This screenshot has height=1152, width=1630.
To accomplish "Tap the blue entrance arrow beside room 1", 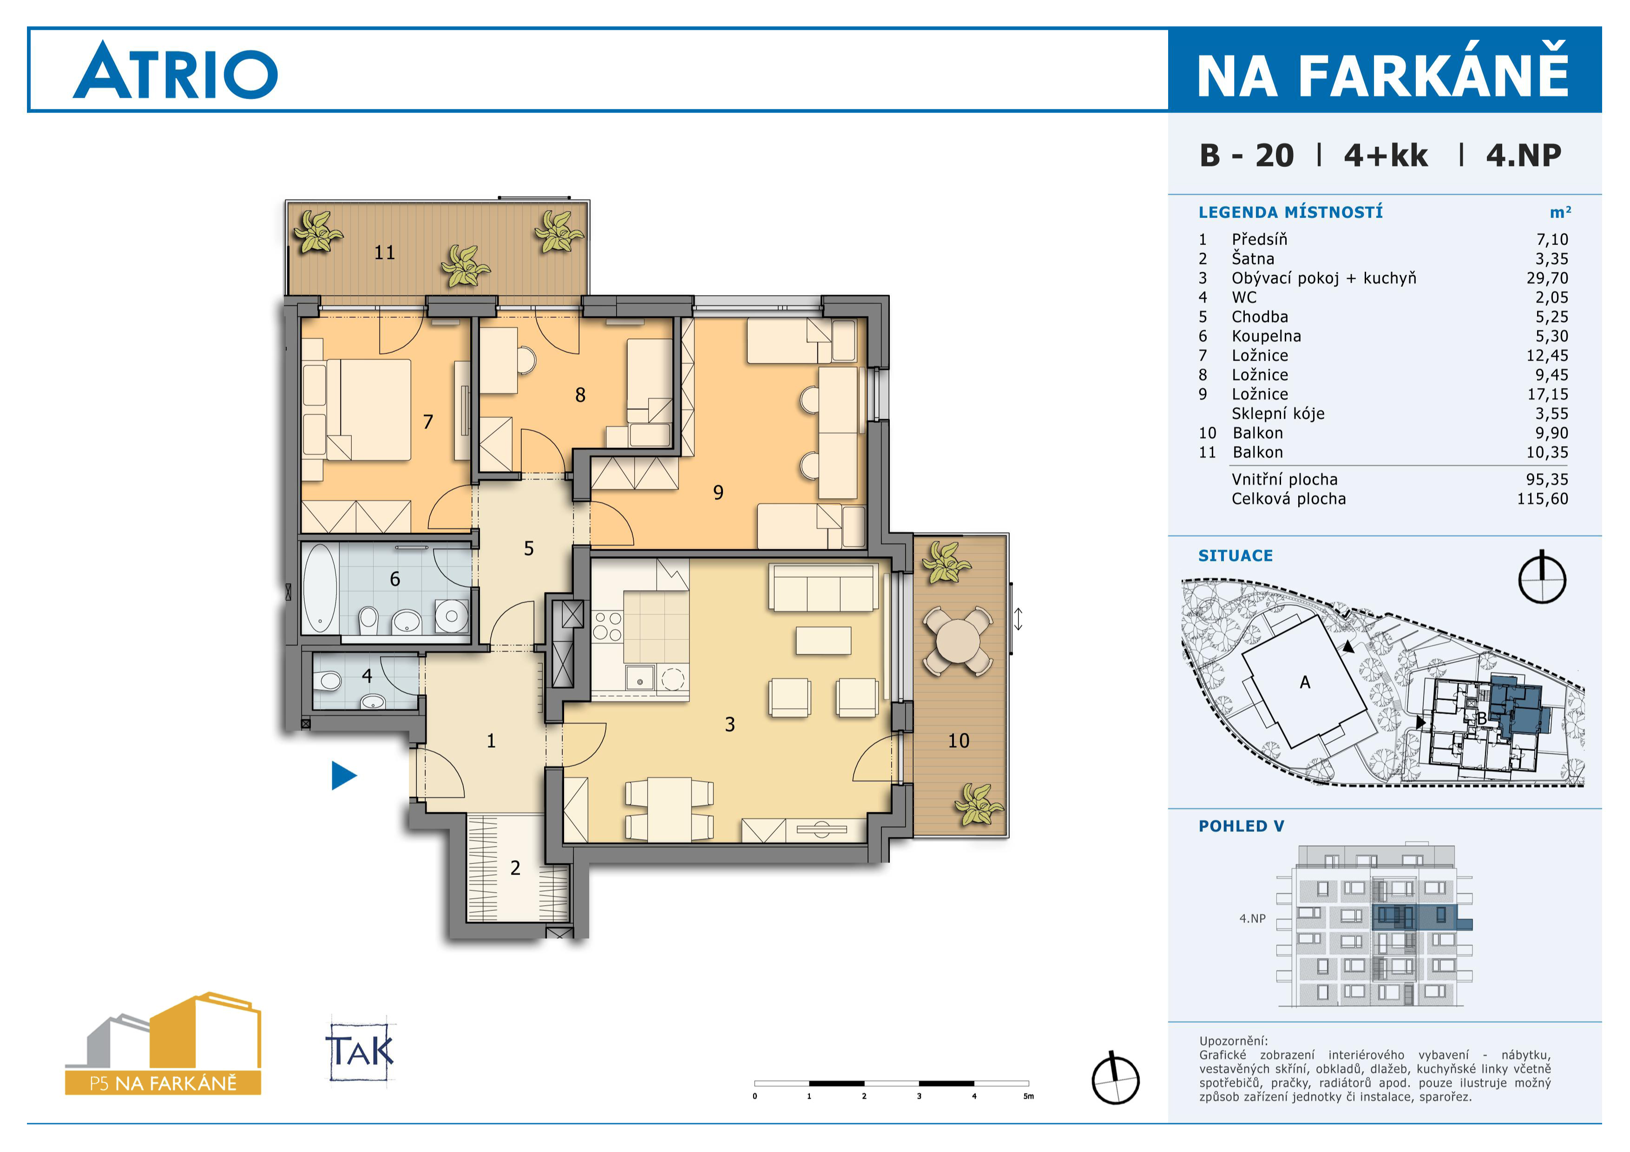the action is coord(343,775).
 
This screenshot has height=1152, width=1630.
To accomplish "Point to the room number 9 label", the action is coord(718,492).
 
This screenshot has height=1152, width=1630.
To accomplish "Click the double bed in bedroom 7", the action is coord(357,409).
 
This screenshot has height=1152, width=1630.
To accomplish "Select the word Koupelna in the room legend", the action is coord(1267,336).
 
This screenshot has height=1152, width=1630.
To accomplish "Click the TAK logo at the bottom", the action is coord(360,1051).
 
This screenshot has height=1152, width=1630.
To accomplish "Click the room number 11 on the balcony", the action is coord(384,253).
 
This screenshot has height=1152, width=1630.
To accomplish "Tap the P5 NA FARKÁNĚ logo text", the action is coord(163,1083).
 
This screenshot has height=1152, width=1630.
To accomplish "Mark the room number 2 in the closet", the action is coord(515,868).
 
